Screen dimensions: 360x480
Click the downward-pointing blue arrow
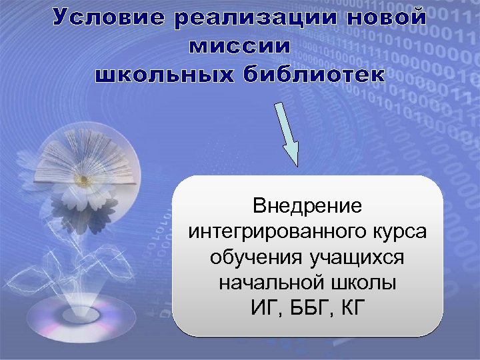pos(287,133)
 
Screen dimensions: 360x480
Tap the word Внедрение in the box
pos(307,205)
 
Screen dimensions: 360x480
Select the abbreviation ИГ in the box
pos(263,309)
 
